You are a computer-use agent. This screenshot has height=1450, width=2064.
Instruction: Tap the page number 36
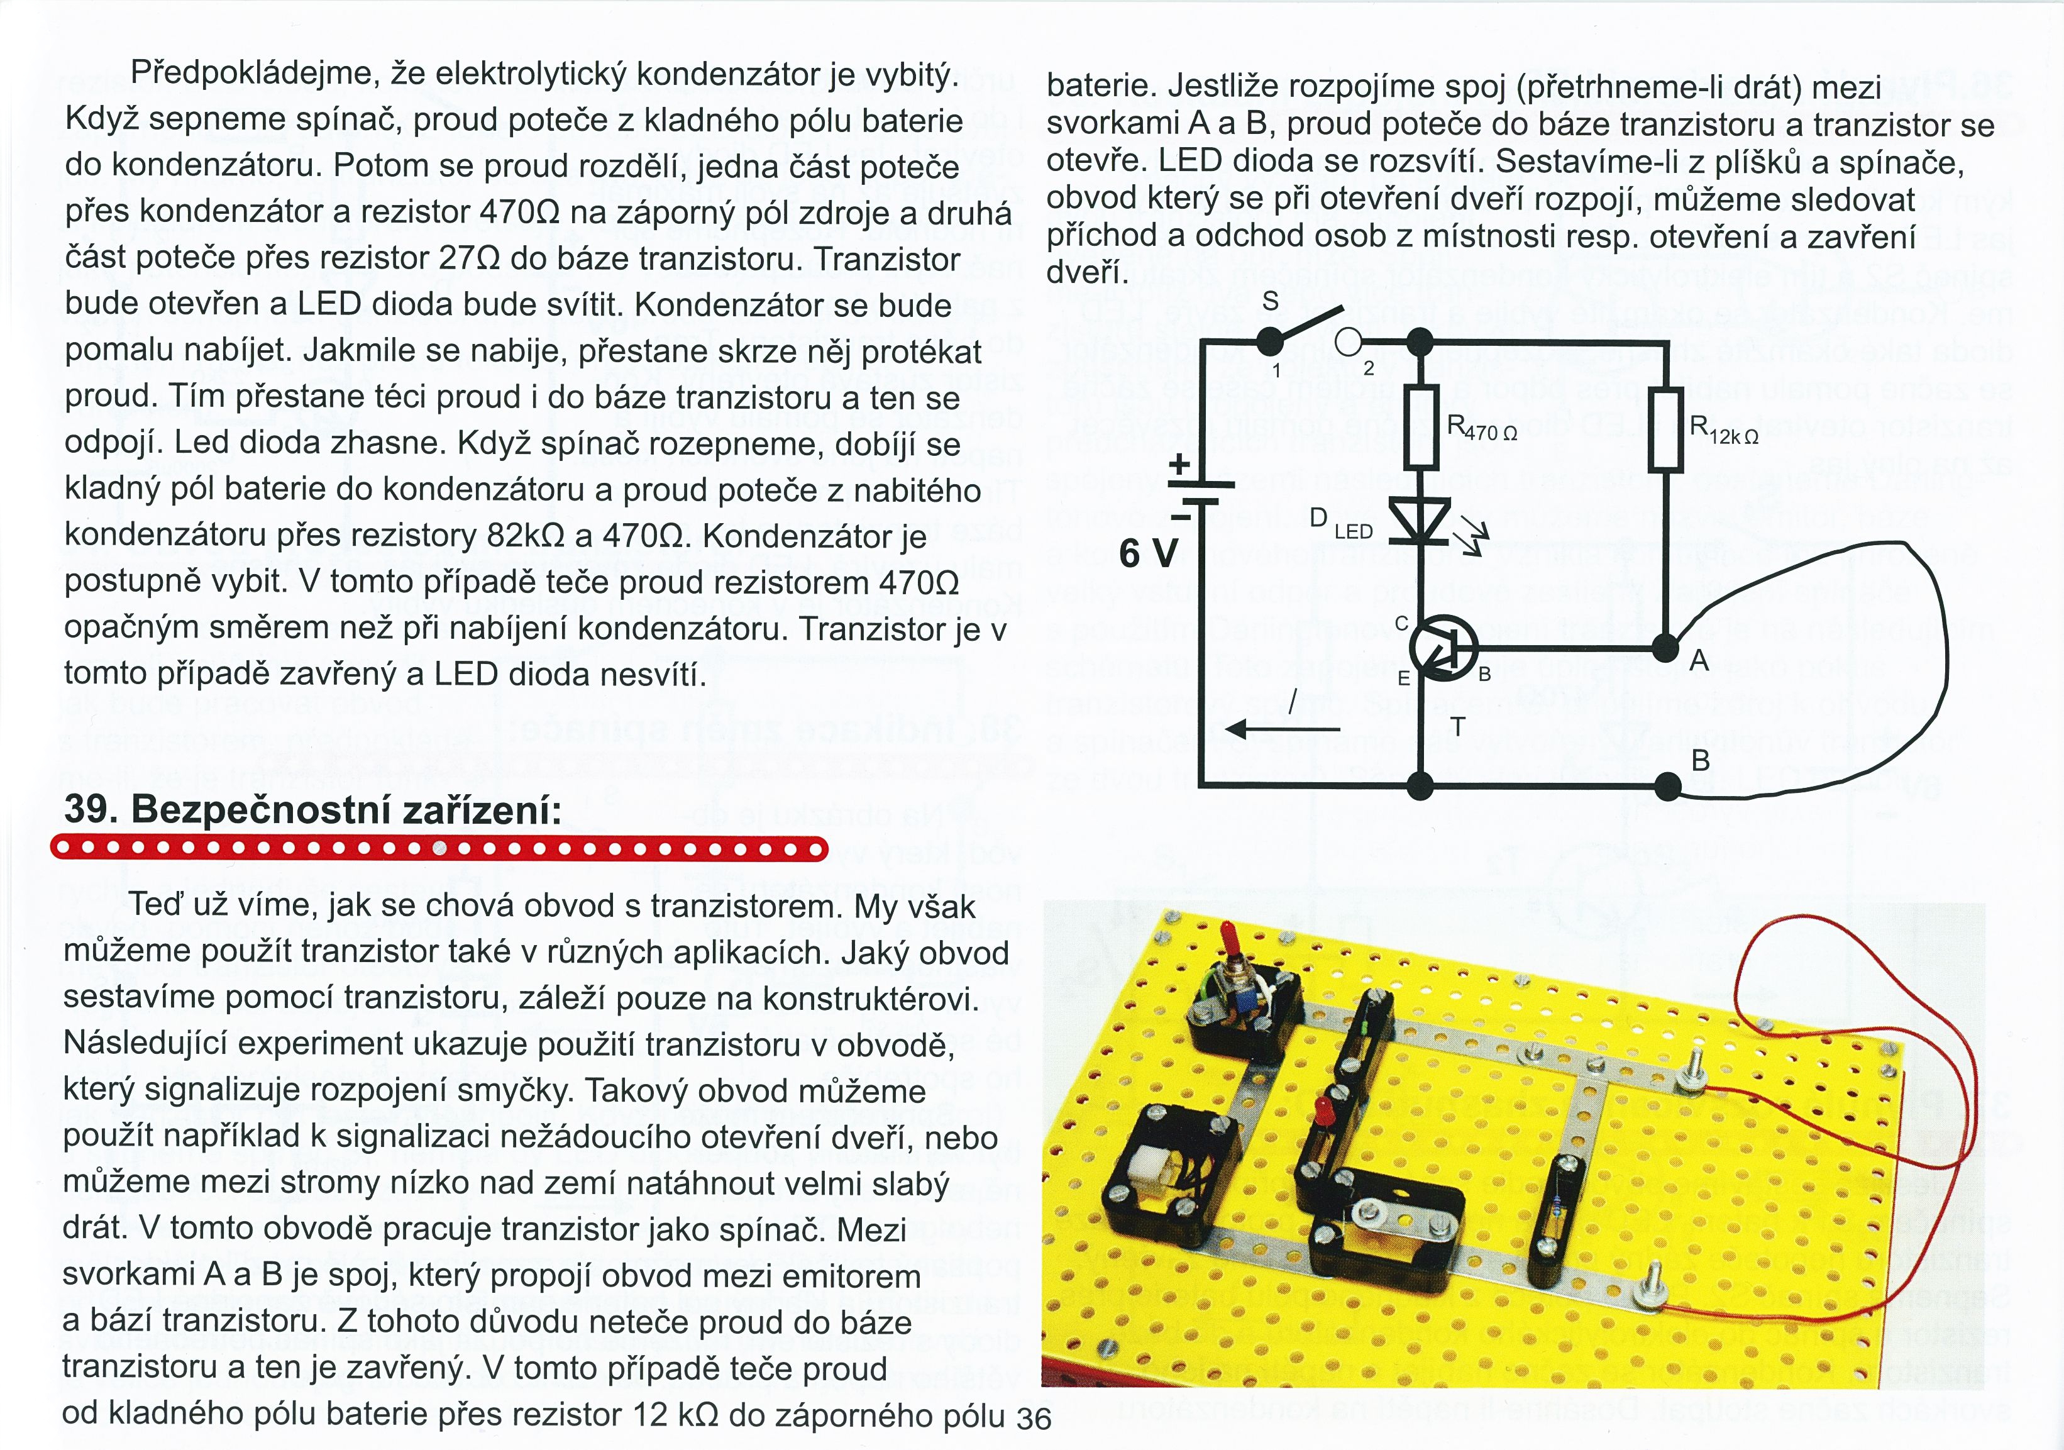(1033, 1419)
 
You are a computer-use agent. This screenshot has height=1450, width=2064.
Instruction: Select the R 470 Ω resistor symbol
(1420, 427)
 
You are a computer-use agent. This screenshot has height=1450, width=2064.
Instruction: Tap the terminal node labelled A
(1666, 646)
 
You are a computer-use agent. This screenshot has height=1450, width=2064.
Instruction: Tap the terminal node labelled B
(1667, 787)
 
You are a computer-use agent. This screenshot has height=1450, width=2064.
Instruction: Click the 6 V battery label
(1148, 553)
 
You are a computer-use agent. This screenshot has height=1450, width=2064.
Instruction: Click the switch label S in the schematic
(1270, 302)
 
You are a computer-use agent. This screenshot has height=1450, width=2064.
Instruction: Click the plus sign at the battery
(1179, 465)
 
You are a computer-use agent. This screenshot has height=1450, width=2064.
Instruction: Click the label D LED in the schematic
(1340, 524)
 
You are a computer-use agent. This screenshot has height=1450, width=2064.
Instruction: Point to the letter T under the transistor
(1457, 726)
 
